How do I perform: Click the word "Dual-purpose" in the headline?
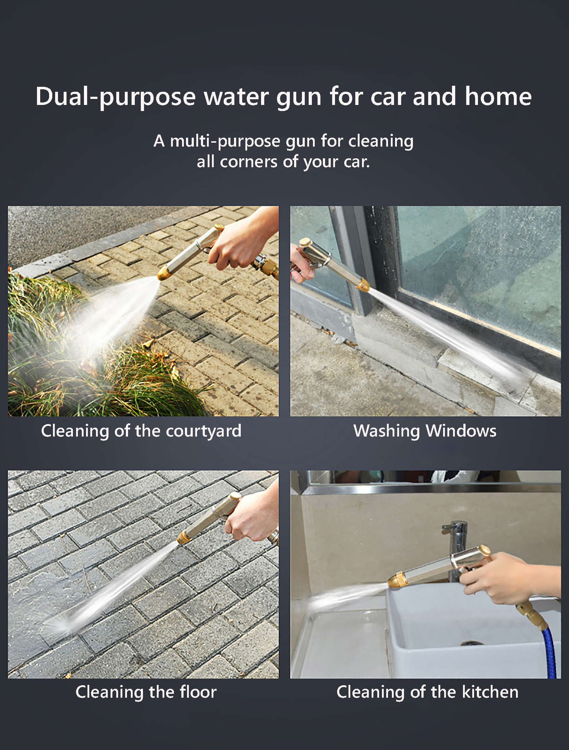(x=116, y=97)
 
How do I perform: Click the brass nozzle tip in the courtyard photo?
(x=164, y=273)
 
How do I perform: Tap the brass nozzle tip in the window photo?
(x=363, y=284)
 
